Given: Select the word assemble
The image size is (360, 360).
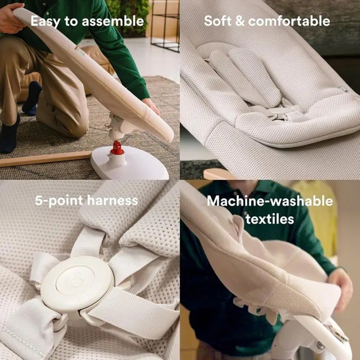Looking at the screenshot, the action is [x=113, y=21].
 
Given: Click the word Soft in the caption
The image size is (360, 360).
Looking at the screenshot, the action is [x=217, y=21].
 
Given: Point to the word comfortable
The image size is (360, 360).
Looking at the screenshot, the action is [x=289, y=21].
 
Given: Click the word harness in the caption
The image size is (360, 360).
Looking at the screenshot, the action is [x=113, y=200].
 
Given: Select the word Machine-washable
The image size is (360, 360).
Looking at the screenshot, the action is [x=270, y=201].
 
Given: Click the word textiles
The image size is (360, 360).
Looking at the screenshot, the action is [x=270, y=219].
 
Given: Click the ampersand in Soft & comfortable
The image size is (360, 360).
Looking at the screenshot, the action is [x=239, y=21].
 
